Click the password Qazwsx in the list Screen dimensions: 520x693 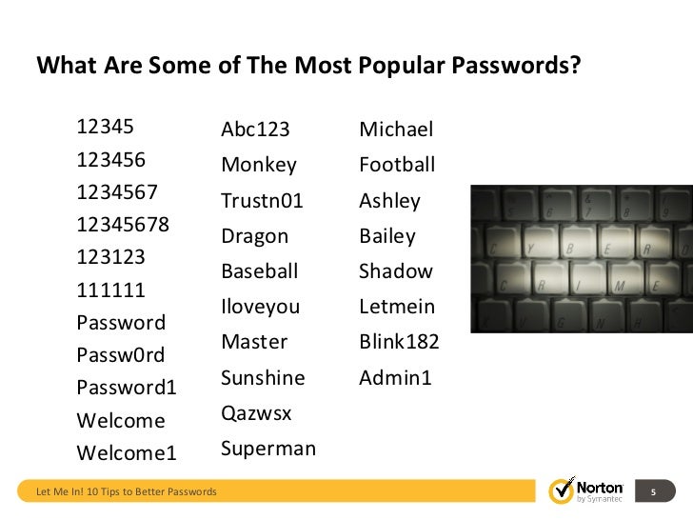[x=256, y=414]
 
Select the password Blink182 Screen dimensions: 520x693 [x=399, y=342]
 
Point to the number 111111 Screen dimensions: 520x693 [x=110, y=290]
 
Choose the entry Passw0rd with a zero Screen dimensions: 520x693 [x=121, y=355]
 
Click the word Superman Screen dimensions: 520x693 [x=268, y=449]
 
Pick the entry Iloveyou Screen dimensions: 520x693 [x=261, y=307]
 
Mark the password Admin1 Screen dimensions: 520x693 [x=395, y=378]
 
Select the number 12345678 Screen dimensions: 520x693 [x=124, y=225]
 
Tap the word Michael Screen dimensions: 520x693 [x=396, y=130]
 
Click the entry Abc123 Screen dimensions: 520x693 [x=255, y=130]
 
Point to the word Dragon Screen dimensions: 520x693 [x=254, y=236]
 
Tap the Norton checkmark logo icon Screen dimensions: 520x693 [x=562, y=491]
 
